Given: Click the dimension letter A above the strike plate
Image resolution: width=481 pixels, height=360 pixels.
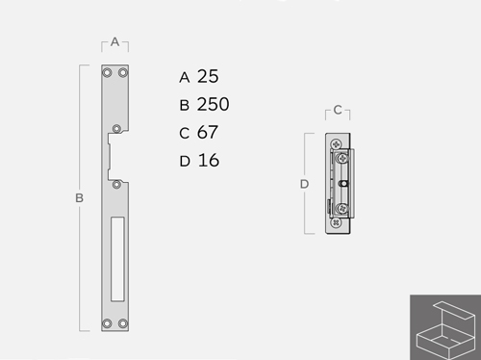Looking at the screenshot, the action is pyautogui.click(x=114, y=41).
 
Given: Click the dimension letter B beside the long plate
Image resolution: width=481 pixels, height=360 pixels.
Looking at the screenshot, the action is pyautogui.click(x=79, y=198).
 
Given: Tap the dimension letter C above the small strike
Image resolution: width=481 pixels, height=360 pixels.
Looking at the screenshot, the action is pyautogui.click(x=338, y=110).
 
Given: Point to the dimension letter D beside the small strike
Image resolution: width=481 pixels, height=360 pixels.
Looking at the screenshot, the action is pyautogui.click(x=304, y=184).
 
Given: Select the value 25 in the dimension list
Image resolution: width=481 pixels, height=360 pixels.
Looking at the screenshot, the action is pyautogui.click(x=208, y=76).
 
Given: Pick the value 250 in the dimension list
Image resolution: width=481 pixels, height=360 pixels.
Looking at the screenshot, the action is pyautogui.click(x=213, y=104).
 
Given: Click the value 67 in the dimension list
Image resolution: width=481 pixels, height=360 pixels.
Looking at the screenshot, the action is pyautogui.click(x=208, y=132).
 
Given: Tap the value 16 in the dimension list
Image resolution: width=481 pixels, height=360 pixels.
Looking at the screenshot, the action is pyautogui.click(x=209, y=160).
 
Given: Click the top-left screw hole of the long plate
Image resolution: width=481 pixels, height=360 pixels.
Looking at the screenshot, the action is pyautogui.click(x=107, y=73).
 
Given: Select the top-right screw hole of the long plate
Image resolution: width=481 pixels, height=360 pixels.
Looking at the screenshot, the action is pyautogui.click(x=123, y=73).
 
